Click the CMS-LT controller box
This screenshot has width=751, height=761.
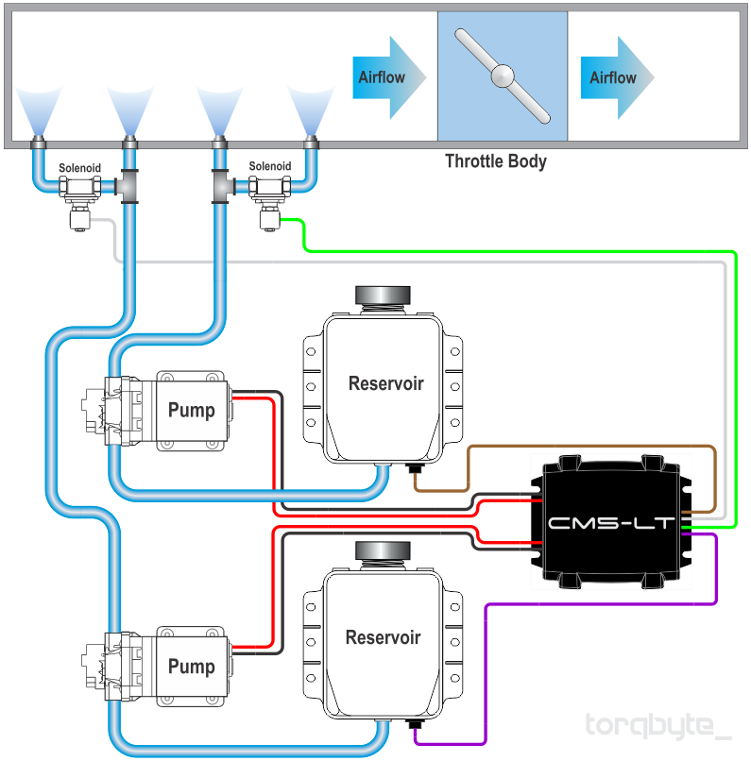[611, 522]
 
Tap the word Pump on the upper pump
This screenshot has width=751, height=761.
[191, 410]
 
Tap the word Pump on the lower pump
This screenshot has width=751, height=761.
[191, 667]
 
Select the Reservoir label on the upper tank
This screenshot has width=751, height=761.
[386, 383]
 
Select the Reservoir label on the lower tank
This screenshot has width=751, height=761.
[383, 637]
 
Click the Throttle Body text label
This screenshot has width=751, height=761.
[496, 161]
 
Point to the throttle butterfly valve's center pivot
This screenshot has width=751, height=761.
[503, 76]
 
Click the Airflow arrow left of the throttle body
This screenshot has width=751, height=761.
[389, 77]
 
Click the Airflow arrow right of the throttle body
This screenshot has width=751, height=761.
[618, 77]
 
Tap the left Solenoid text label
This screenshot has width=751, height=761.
[79, 168]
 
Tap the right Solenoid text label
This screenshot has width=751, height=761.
[270, 166]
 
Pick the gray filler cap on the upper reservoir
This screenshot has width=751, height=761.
[383, 296]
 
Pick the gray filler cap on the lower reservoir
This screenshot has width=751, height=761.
[383, 550]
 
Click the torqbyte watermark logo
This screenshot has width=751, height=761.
[657, 726]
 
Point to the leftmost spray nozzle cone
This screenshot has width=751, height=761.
[39, 110]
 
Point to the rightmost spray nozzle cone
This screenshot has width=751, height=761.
[311, 110]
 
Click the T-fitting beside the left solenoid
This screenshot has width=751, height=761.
[128, 186]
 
